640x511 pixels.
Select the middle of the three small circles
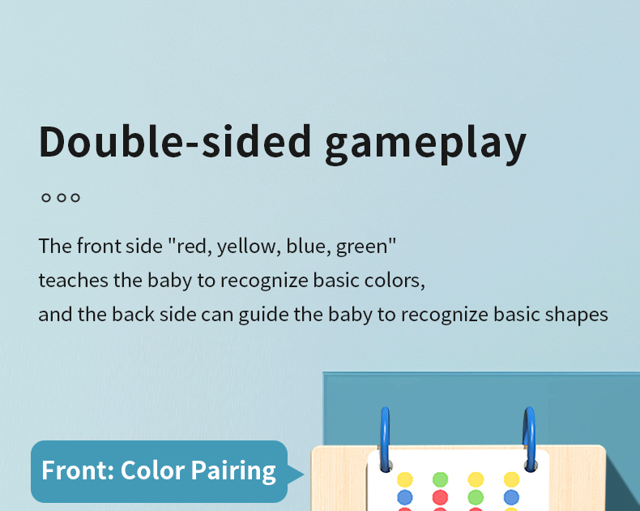point(61,197)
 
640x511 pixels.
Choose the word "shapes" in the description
point(578,314)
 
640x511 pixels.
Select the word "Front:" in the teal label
point(77,470)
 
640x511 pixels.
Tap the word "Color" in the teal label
point(153,470)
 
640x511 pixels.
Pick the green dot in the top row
point(440,479)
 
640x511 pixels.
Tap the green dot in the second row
point(476,496)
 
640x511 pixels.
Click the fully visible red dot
point(440,496)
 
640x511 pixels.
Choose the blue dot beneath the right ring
point(511,496)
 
